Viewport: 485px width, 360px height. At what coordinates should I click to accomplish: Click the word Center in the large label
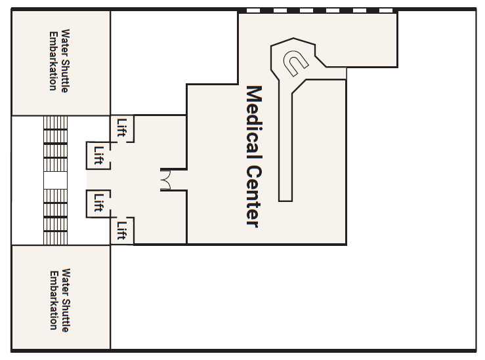click(254, 196)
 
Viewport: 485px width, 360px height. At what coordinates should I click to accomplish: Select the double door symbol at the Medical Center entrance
click(165, 180)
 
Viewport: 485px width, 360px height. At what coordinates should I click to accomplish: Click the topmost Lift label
click(122, 128)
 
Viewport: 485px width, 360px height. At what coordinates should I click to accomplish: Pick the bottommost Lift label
click(122, 231)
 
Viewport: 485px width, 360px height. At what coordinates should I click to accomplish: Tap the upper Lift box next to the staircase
click(98, 155)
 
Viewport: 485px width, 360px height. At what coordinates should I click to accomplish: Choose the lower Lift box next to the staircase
click(98, 204)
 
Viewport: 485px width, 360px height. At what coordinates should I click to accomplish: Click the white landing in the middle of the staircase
click(55, 180)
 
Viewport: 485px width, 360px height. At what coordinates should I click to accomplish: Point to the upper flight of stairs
click(55, 144)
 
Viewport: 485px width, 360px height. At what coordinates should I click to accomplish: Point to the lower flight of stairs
click(55, 217)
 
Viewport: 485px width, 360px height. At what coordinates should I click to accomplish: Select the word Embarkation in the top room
click(54, 61)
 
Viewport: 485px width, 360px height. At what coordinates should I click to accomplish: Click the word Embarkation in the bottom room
click(54, 300)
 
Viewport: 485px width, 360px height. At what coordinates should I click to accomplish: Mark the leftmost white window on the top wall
click(253, 10)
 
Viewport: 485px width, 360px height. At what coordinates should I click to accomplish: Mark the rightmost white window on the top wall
click(386, 10)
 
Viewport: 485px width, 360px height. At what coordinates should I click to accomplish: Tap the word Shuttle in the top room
click(66, 75)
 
